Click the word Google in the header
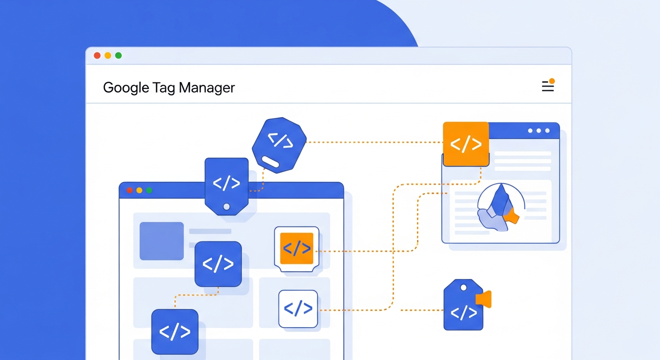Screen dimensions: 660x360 click(x=126, y=88)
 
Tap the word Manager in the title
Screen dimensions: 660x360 click(x=207, y=88)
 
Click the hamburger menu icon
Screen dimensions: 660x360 click(x=548, y=86)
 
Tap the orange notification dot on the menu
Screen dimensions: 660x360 click(x=552, y=81)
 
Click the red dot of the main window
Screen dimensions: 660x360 click(x=97, y=55)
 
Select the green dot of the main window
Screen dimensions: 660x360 click(x=119, y=55)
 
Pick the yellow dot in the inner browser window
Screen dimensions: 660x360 click(x=139, y=190)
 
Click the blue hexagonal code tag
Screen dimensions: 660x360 click(x=279, y=145)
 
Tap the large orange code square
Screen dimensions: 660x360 click(x=466, y=144)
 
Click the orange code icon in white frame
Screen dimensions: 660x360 click(x=297, y=248)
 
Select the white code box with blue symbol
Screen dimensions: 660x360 click(x=298, y=309)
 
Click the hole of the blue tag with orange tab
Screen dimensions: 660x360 click(x=464, y=287)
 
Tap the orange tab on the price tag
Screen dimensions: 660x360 click(x=484, y=299)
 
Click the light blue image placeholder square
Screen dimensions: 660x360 click(x=162, y=241)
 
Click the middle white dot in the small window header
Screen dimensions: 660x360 click(x=539, y=130)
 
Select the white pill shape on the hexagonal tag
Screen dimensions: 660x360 click(x=270, y=162)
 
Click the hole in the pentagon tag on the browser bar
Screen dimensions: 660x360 click(x=226, y=207)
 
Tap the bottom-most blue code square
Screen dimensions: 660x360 click(x=175, y=332)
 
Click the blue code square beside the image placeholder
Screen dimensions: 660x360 click(x=218, y=264)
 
